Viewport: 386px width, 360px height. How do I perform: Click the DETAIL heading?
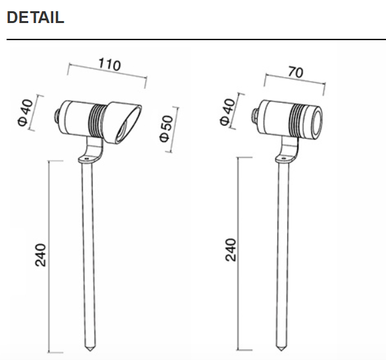[36, 18]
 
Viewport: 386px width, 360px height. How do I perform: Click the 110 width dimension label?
[109, 64]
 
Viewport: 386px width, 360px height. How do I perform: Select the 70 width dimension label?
[295, 72]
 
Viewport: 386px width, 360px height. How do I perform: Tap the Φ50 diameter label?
[166, 128]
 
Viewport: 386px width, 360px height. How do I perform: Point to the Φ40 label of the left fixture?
[25, 112]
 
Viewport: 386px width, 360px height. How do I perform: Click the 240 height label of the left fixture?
[40, 255]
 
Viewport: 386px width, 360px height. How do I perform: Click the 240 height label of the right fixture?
[231, 250]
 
